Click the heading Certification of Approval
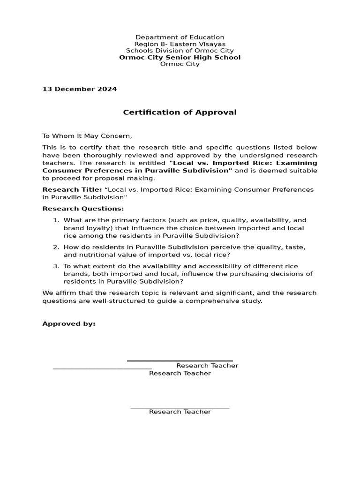point(180,112)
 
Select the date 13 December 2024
point(79,89)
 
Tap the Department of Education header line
point(180,37)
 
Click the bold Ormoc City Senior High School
point(180,58)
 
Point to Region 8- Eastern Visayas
point(180,44)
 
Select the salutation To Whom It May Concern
point(87,136)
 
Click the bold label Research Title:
point(72,190)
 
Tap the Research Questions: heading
point(83,209)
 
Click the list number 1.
point(55,220)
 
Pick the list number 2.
point(55,247)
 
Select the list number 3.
point(55,266)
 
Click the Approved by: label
point(68,324)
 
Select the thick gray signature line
point(180,361)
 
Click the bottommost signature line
point(180,408)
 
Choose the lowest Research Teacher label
point(180,412)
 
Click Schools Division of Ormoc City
point(180,51)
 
